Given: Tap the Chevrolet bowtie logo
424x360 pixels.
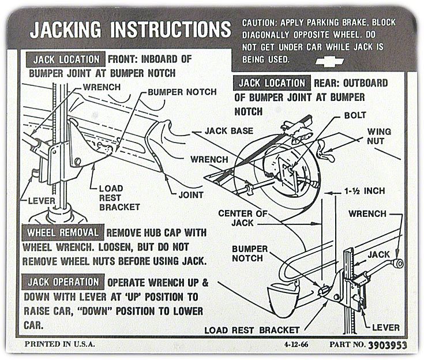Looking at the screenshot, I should coord(331,61).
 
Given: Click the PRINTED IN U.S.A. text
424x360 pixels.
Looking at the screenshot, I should coord(60,345).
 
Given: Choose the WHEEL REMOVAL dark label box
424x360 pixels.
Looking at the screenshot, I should coord(63,234).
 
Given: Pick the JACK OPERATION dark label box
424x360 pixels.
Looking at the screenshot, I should coord(63,283).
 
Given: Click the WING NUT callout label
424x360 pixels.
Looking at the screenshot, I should coord(379,136).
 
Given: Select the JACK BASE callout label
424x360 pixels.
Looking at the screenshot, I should coord(228,131).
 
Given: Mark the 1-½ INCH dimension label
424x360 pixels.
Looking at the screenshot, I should coord(364,190).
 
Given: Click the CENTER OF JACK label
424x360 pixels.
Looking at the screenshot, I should coord(243,218).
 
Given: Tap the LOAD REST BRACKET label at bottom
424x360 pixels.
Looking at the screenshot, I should coord(252,330).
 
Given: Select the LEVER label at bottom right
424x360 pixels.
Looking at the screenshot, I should coord(385,328).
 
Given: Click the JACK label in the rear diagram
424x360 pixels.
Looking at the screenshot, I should coord(379,254).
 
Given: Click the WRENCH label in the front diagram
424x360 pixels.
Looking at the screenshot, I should coord(102,87).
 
